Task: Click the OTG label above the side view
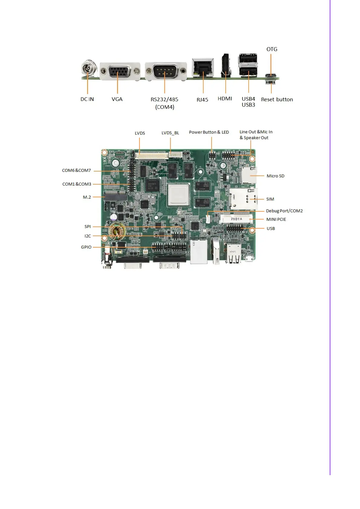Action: tap(272, 49)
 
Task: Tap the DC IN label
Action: tap(87, 99)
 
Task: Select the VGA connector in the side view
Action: tap(120, 72)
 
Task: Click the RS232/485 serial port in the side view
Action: tap(165, 72)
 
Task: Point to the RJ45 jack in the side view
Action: tap(203, 68)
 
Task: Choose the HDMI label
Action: tap(225, 99)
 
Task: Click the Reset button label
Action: tap(277, 99)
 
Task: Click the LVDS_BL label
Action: tap(170, 133)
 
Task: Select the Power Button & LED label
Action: tap(209, 132)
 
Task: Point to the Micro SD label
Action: tap(275, 176)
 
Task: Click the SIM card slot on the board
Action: tap(243, 199)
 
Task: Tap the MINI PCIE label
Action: tap(276, 219)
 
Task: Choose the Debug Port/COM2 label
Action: tap(284, 211)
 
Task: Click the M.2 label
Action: tap(87, 197)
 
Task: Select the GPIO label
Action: tap(86, 247)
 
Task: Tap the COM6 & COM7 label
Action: tap(76, 170)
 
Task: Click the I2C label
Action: tap(87, 236)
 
